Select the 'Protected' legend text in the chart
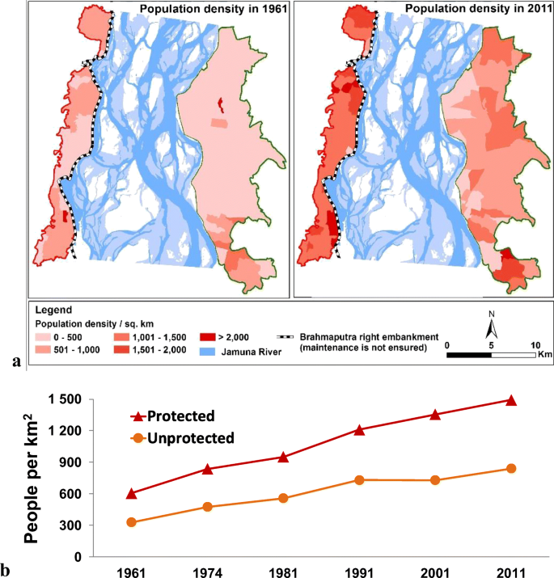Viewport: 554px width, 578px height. point(182,416)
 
